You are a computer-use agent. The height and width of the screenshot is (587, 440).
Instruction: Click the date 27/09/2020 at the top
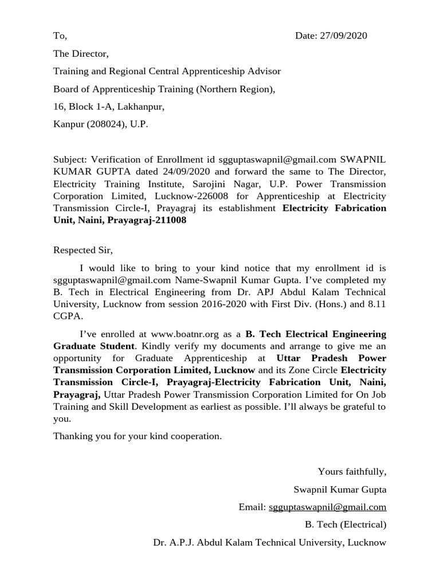coord(344,36)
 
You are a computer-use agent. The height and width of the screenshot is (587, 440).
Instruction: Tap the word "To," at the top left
coord(60,36)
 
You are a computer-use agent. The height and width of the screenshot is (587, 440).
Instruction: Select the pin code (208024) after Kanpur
coord(107,124)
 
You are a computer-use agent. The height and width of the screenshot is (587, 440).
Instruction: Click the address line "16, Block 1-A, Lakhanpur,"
coord(109,107)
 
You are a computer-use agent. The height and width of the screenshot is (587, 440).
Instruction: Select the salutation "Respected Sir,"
coord(83,250)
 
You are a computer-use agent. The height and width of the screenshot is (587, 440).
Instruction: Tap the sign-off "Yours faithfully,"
coord(352,472)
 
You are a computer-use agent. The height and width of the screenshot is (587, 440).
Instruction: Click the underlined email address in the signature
coord(327,507)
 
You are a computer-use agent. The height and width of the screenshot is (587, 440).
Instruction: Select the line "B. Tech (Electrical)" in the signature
coord(345,525)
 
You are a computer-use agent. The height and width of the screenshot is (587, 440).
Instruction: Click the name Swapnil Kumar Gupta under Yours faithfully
coord(340,490)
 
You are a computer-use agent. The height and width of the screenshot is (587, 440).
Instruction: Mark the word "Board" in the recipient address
coord(65,89)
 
